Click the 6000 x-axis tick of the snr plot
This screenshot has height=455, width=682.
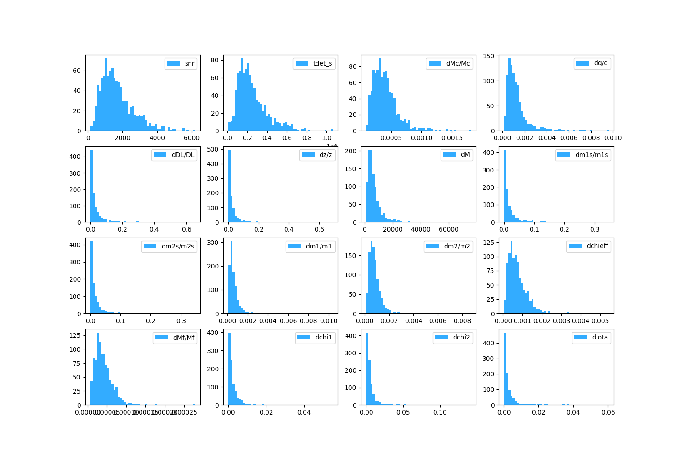point(192,138)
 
